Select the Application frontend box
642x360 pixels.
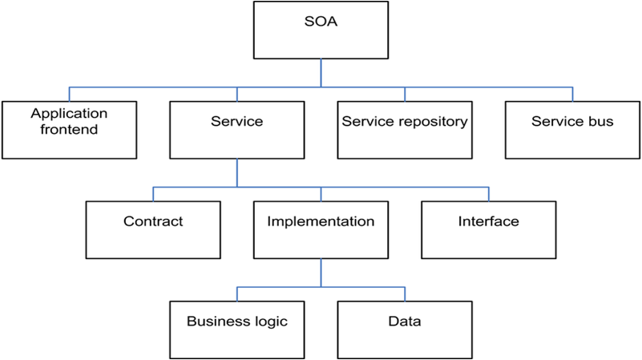pos(69,129)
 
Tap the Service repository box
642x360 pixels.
pos(404,129)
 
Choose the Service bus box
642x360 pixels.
pos(572,129)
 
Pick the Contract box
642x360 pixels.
pos(153,229)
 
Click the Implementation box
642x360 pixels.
pos(321,229)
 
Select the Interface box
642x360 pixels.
pos(488,229)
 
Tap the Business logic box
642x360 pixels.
pos(236,330)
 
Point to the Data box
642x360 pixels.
pos(404,330)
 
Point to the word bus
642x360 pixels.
pos(602,122)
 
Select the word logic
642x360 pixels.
pos(269,322)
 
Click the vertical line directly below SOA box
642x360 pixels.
pos(321,73)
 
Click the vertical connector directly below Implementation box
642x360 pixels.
pos(321,273)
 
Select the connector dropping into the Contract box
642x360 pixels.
pos(153,194)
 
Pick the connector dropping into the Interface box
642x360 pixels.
pos(488,194)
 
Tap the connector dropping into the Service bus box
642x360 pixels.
pos(572,94)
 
